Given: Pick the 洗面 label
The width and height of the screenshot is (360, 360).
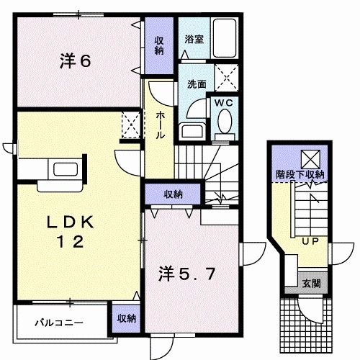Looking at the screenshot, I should (197, 84).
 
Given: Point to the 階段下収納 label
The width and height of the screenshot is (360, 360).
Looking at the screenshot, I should (300, 174).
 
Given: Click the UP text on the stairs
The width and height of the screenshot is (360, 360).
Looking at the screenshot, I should (310, 240).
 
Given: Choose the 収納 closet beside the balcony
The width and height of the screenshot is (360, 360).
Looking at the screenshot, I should (126, 317).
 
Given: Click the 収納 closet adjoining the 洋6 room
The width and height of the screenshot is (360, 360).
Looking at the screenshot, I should (158, 45).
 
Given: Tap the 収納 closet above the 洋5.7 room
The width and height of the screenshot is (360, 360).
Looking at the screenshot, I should (172, 194).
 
